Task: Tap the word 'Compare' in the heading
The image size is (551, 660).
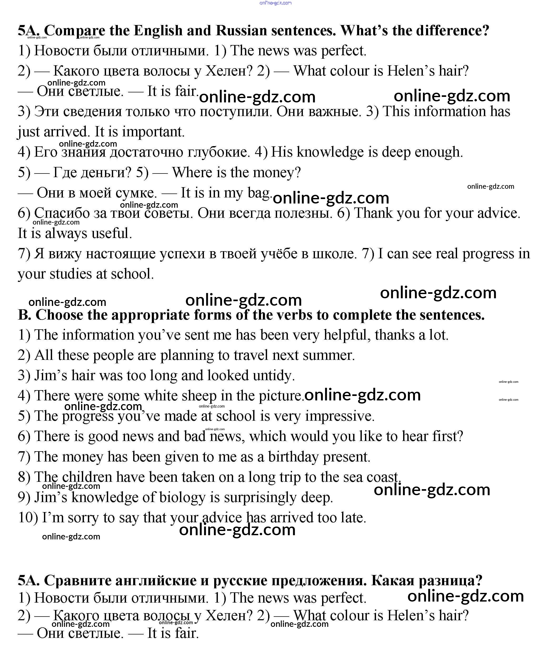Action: [x=74, y=31]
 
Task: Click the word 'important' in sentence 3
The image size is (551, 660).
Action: [x=152, y=132]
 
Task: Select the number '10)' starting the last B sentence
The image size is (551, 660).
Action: [x=28, y=518]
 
